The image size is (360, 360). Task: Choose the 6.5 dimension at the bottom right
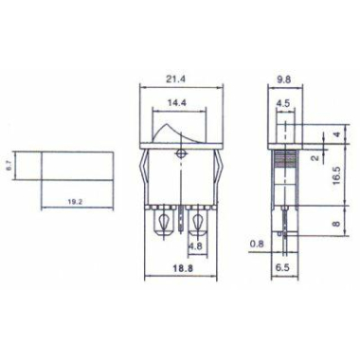(282, 268)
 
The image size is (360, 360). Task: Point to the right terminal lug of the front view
(198, 224)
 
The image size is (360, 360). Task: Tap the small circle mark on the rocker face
(180, 153)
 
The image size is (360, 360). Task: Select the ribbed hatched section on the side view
(281, 171)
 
